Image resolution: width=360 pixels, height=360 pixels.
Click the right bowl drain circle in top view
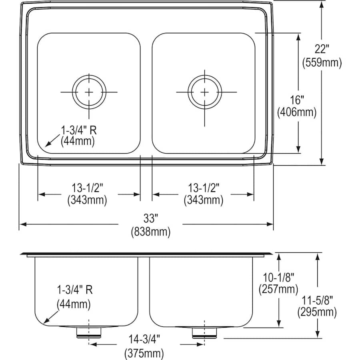205,92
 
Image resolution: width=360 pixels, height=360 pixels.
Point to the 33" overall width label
151,218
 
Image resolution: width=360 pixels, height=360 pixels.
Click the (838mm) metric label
151,231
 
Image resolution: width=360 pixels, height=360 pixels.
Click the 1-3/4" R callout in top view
79,130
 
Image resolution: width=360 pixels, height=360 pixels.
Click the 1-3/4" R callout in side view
75,290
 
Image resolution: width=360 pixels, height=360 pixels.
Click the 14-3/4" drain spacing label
144,339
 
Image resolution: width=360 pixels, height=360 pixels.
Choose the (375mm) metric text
144,352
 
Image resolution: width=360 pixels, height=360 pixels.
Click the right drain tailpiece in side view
204,332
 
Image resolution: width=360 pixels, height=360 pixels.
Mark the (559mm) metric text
322,62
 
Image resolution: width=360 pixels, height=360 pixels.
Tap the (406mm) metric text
297,112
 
